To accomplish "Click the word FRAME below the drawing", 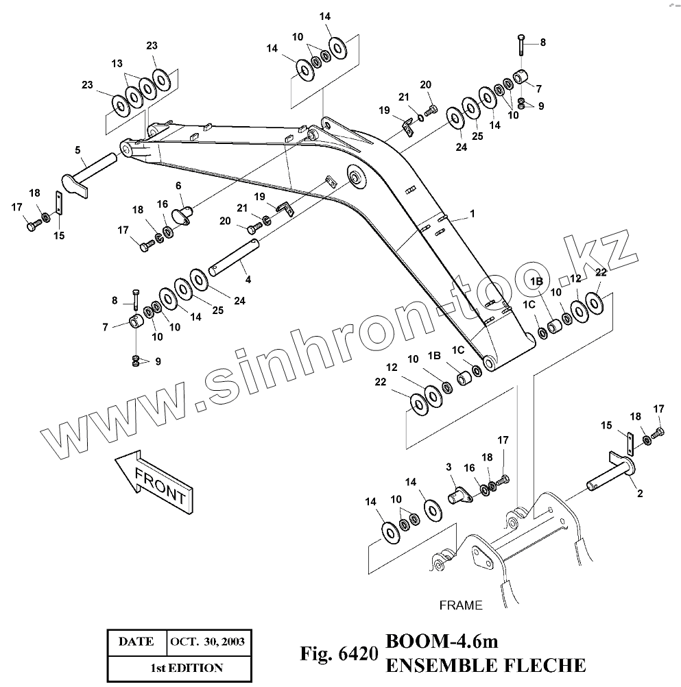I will [x=460, y=605].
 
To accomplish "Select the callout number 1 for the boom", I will [x=472, y=214].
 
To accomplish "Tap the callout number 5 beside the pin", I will [x=77, y=150].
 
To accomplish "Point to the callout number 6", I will [x=178, y=186].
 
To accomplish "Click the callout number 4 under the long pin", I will [x=248, y=279].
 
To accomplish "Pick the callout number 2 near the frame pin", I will [x=639, y=492].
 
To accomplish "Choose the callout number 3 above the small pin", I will [x=449, y=467].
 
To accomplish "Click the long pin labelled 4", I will [x=233, y=257].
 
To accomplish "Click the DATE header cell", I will [x=136, y=642].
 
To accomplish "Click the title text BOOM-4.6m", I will [x=441, y=642].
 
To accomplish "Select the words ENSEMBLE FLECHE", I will [x=486, y=664].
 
